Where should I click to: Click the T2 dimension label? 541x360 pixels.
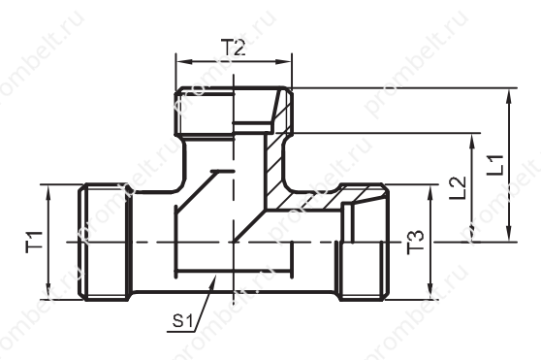coord(234,48)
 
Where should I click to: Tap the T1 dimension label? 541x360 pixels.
coord(34,242)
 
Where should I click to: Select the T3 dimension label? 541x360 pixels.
coord(415,242)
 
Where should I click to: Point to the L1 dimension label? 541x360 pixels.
coord(495,165)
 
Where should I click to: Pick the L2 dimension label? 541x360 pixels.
coord(458,188)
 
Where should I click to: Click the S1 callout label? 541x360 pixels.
coord(182,321)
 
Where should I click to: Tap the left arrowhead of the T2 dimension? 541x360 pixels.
coord(184,62)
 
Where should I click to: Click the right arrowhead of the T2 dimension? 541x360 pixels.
coord(284,62)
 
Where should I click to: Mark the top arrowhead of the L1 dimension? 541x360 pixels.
coord(509,97)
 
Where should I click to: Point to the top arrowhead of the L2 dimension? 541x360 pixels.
coord(472,142)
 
